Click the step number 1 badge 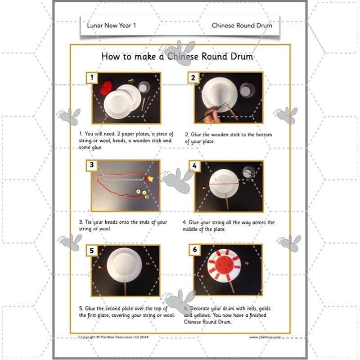(x=92, y=78)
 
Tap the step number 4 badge (x=194, y=166)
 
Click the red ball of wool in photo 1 (x=107, y=87)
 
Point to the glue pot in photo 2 (x=245, y=90)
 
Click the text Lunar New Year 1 (x=111, y=26)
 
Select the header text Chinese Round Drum (x=242, y=26)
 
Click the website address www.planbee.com (x=265, y=337)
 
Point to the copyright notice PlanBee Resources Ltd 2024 (x=119, y=337)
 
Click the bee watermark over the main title (x=178, y=52)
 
